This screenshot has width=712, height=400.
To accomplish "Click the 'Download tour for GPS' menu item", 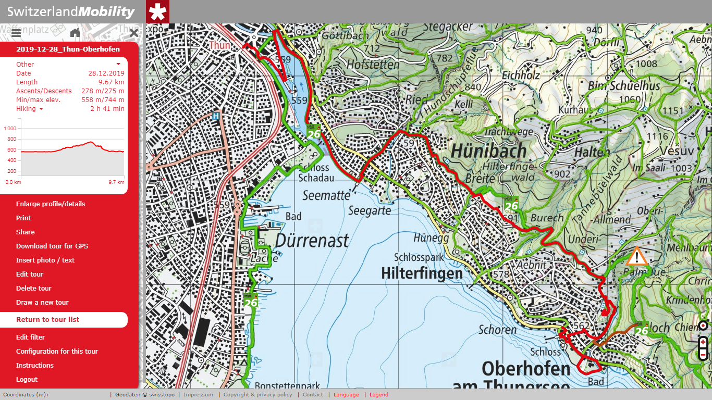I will [x=52, y=246].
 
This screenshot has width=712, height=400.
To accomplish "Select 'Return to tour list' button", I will [x=47, y=319].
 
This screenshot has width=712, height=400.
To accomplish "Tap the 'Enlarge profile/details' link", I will [x=50, y=204].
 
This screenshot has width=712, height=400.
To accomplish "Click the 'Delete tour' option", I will [x=33, y=288].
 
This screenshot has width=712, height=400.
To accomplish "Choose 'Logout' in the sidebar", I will [x=27, y=379].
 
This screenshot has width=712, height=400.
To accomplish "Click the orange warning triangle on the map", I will [x=636, y=257].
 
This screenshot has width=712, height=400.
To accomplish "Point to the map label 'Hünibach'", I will [x=489, y=151].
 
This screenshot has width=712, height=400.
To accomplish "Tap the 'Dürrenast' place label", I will [x=312, y=241].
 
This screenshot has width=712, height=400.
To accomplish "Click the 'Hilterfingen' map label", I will [x=422, y=273].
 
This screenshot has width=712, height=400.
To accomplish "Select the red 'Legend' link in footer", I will [x=378, y=395].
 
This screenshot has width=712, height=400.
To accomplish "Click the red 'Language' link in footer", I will [x=346, y=395].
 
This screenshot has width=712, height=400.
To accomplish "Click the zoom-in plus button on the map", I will [x=703, y=342].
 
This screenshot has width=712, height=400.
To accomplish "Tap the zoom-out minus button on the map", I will [x=703, y=354].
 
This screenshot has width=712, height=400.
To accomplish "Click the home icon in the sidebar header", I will [x=75, y=33].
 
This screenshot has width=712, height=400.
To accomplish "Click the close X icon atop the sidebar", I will [x=133, y=33].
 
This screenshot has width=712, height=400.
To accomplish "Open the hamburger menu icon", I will [x=16, y=33].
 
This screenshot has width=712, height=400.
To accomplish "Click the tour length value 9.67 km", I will [x=112, y=82].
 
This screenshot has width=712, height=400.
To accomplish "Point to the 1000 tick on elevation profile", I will [x=10, y=128].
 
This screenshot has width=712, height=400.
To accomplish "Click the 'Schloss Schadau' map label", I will [x=313, y=173].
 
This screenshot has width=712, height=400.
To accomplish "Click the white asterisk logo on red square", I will [x=157, y=12].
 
